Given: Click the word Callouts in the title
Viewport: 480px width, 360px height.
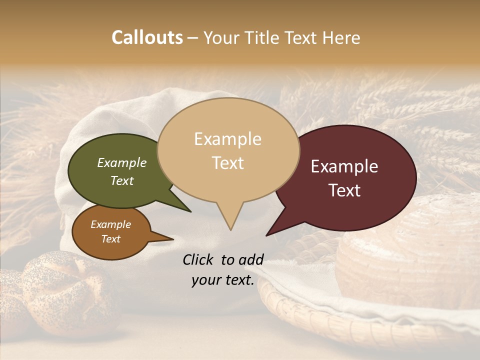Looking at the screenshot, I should click(147, 37).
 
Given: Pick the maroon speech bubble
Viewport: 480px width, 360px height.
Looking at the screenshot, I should click(380, 150).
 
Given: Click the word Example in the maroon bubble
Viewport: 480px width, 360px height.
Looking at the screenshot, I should click(344, 166).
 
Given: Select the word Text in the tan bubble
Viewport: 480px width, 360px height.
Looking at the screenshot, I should click(228, 163).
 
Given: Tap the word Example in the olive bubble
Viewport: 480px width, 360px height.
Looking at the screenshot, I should click(121, 163).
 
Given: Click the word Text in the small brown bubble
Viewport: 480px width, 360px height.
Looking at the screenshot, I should click(111, 239).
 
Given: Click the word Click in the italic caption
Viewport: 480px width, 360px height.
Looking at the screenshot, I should click(199, 259).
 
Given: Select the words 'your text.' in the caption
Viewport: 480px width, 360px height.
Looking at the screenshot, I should click(223, 280).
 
